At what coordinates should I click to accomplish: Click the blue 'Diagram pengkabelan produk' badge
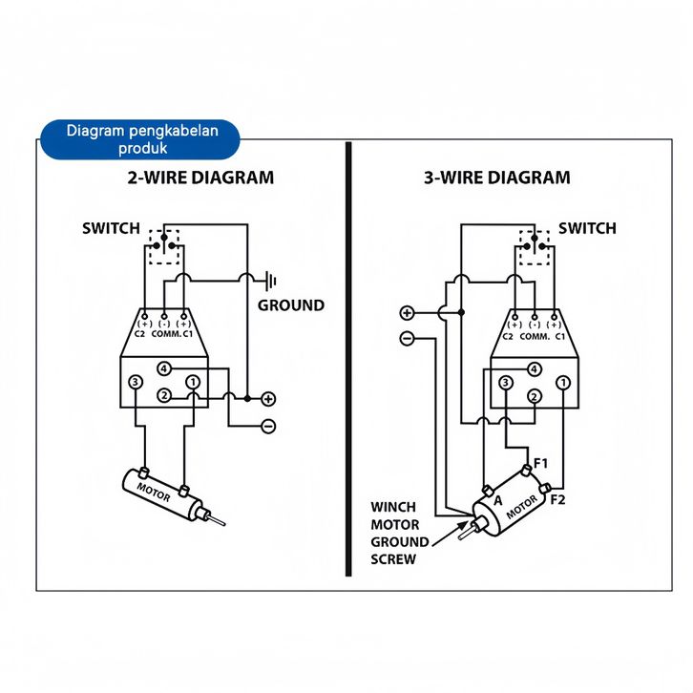[x=142, y=139]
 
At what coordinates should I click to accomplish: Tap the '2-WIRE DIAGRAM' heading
[x=200, y=178]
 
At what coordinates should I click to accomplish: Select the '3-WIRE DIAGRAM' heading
[x=496, y=178]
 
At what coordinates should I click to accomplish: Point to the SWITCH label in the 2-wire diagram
[x=111, y=228]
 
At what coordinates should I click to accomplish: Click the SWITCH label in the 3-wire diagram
[x=587, y=228]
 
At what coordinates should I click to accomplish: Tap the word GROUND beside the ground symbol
[x=291, y=305]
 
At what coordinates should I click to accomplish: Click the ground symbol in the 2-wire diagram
[x=271, y=281]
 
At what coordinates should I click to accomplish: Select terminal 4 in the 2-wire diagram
[x=164, y=368]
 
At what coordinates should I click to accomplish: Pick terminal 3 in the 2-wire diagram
[x=136, y=383]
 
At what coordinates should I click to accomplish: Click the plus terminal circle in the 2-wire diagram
[x=268, y=398]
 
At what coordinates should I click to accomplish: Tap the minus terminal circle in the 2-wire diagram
[x=268, y=426]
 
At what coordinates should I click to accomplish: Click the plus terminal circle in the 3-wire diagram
[x=407, y=313]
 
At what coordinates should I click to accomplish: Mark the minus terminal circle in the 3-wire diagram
[x=407, y=338]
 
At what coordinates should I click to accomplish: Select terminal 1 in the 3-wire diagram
[x=563, y=383]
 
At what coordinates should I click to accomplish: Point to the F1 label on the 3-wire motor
[x=541, y=463]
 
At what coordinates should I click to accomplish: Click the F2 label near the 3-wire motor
[x=558, y=498]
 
